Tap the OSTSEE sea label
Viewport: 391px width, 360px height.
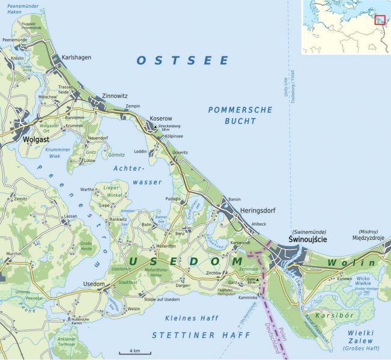[183, 60]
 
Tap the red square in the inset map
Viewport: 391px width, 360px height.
[379, 19]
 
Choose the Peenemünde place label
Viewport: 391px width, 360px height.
[16, 40]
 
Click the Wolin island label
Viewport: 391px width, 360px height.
[351, 263]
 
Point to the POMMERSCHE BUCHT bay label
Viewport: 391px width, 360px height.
[240, 115]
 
